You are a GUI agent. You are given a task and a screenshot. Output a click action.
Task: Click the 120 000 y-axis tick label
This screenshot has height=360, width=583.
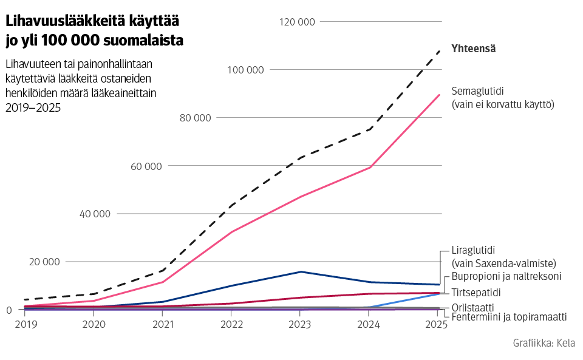pos(297,22)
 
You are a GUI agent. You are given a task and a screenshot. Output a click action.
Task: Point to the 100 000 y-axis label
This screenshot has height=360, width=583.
pos(245,70)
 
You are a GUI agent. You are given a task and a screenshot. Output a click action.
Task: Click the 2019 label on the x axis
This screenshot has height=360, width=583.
pos(25,325)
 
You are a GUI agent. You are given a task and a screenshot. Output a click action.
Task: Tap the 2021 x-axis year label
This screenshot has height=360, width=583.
pos(163,325)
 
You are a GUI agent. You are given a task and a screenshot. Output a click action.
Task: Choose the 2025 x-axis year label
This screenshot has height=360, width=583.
pos(435,325)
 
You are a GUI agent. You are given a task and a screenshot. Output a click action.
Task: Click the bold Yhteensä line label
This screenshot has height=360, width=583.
pos(474,49)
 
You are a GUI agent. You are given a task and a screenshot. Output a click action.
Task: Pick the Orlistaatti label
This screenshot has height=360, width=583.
pos(473,307)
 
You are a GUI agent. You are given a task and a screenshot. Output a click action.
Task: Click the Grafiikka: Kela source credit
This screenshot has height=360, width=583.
pos(544,343)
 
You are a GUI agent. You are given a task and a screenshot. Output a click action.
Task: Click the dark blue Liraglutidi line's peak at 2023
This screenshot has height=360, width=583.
pos(300,272)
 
